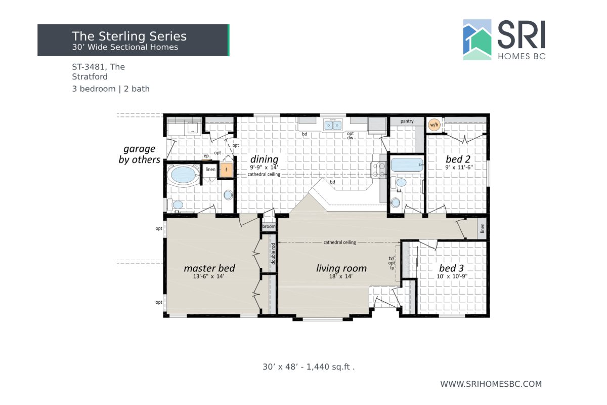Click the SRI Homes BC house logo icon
pos(477,40)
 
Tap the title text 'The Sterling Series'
pos(129,36)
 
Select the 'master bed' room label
pos(209,268)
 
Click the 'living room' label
pos(341,268)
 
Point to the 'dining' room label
pos(264,159)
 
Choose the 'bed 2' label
pos(458,158)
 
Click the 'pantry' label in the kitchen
pos(407,121)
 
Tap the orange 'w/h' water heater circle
pos(433,125)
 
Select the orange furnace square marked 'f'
pos(226,170)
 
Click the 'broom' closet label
pos(269,227)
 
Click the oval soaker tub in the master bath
pos(184,176)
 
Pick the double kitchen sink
pos(333,124)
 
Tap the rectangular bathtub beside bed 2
pos(407,165)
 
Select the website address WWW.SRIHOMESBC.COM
pos(491,384)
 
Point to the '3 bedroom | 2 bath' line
pos(111,89)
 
